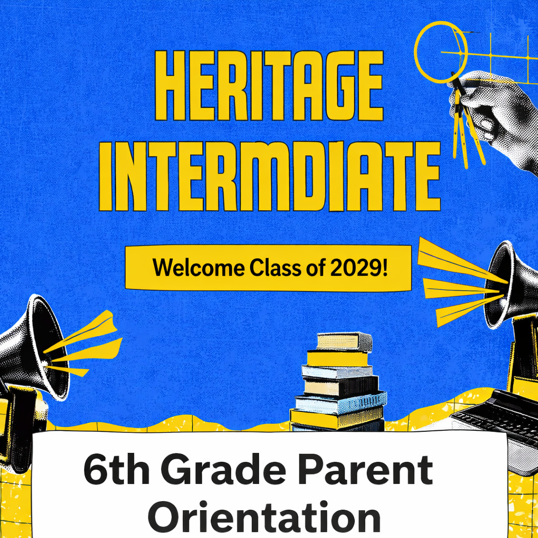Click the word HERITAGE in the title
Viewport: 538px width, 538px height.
coord(268,85)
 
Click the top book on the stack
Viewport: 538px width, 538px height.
coord(344,341)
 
